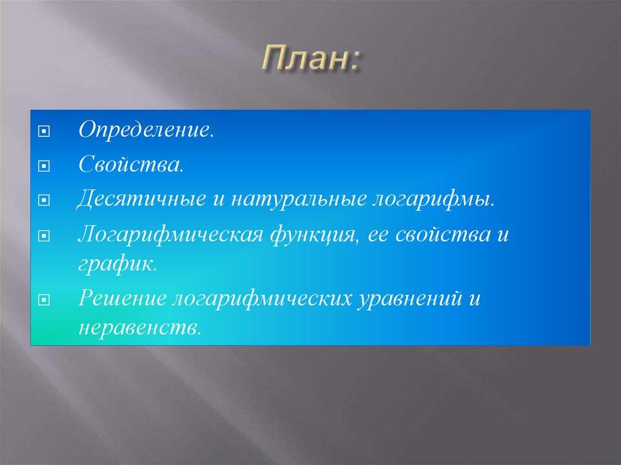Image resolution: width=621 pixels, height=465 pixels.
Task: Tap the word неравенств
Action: click(x=138, y=328)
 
